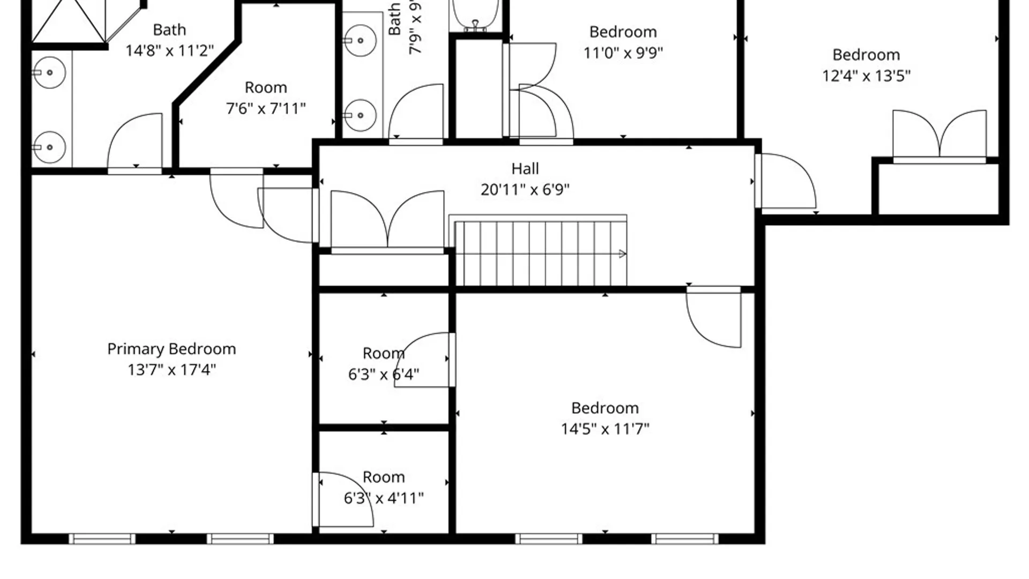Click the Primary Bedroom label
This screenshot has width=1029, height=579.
coord(171,349)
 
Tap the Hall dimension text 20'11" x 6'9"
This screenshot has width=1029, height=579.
coord(525,190)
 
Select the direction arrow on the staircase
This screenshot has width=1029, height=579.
coord(622,254)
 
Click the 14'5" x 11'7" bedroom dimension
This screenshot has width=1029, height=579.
coord(605,429)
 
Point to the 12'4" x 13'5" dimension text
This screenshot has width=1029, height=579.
coord(866,76)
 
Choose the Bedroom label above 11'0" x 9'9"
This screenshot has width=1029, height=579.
coord(623,32)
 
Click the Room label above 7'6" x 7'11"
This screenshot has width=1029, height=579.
coord(266,87)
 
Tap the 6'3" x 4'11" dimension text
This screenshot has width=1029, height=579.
coord(384,499)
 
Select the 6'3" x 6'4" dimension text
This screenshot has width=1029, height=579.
coord(384,374)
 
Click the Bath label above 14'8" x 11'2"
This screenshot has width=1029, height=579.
coord(169,30)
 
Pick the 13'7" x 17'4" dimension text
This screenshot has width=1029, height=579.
coord(171,370)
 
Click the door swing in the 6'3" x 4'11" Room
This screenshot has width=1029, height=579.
coord(343,499)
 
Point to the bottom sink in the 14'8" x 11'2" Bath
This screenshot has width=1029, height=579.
coord(49,147)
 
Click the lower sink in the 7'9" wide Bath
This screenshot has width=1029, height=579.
coord(360,115)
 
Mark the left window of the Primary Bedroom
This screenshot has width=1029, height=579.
coord(102,539)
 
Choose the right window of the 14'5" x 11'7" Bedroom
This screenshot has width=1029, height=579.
coord(685,539)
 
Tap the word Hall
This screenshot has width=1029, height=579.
coord(525,169)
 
